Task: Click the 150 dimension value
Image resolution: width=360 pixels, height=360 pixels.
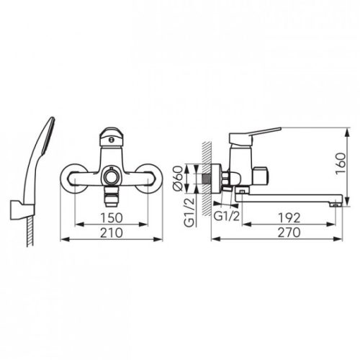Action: point(112,217)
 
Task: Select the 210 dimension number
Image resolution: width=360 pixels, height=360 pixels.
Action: point(112,233)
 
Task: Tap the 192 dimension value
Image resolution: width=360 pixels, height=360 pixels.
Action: point(289,217)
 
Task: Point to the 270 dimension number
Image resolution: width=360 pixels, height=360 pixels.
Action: point(289,233)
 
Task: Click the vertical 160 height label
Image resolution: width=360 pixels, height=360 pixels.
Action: point(341,163)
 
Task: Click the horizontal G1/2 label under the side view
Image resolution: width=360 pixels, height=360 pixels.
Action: point(227,217)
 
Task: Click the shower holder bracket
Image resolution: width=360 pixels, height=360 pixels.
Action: point(22,210)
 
